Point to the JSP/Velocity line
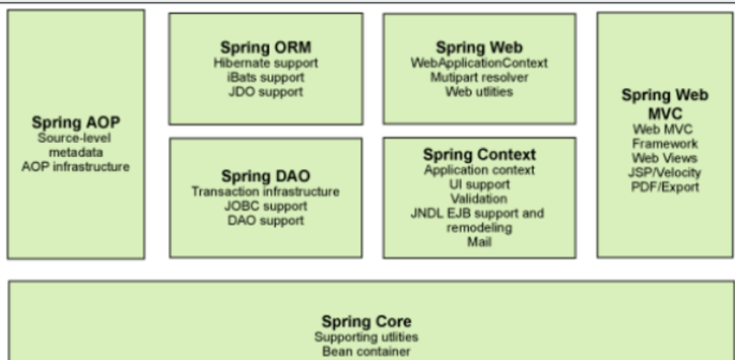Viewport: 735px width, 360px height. [x=664, y=173]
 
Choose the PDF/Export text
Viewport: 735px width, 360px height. [x=664, y=187]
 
